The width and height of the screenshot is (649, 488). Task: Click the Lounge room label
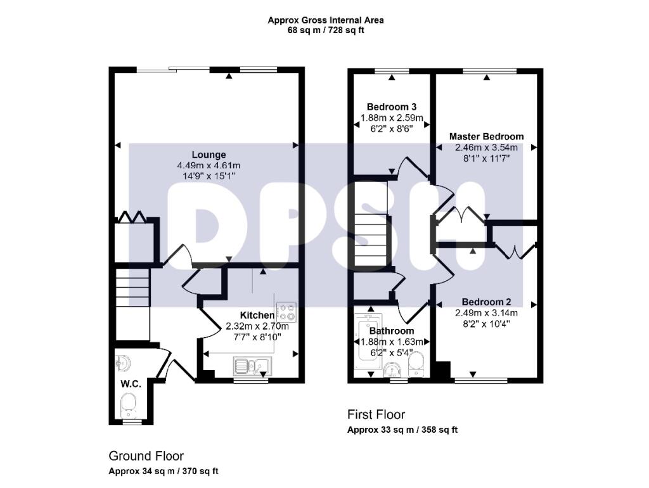(209, 155)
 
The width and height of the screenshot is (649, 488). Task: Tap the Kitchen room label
(257, 315)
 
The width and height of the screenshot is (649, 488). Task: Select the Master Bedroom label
(486, 136)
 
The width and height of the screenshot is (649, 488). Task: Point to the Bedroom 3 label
(392, 106)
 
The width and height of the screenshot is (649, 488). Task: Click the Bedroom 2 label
(486, 302)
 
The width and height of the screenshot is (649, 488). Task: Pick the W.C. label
(131, 384)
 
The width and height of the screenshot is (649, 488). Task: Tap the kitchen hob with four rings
(286, 312)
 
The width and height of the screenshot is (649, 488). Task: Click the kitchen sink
(252, 365)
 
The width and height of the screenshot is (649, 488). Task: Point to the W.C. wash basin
(123, 363)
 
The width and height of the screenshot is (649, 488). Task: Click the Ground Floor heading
(146, 456)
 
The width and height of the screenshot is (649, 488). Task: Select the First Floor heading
(376, 414)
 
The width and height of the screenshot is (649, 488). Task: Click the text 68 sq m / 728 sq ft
(325, 30)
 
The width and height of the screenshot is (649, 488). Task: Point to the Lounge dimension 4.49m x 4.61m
(209, 165)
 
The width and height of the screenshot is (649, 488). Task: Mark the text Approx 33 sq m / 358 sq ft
(402, 430)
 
